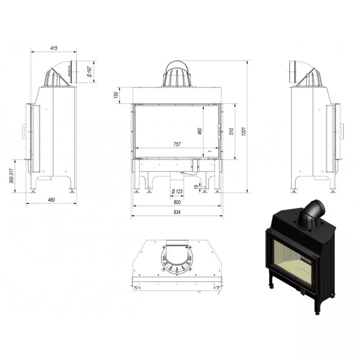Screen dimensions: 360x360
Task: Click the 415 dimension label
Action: click(x=54, y=48)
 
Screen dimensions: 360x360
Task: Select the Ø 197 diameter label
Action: click(x=90, y=72)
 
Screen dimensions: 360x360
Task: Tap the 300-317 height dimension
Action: click(x=12, y=176)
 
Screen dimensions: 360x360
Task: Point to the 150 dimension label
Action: click(x=116, y=94)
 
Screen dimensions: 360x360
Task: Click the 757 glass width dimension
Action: click(x=177, y=144)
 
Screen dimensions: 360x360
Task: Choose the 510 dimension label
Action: click(x=231, y=131)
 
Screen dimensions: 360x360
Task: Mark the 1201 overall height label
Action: click(x=243, y=131)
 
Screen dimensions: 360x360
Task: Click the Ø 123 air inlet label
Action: click(x=177, y=191)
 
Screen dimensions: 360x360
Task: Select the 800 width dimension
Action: click(x=177, y=202)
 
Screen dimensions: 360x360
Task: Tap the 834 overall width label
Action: click(x=177, y=212)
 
